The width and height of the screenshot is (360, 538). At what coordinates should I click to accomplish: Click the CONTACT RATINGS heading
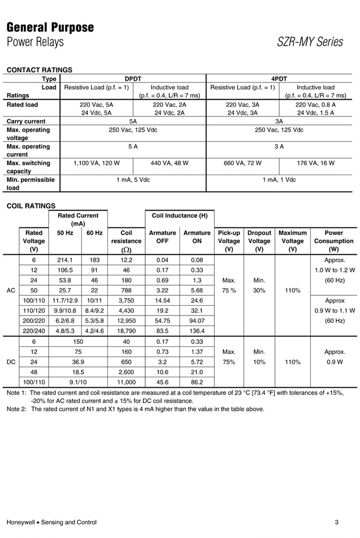click(x=39, y=70)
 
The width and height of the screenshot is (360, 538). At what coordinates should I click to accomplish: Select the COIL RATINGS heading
click(x=31, y=206)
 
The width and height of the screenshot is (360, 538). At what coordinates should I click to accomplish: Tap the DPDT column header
click(x=132, y=78)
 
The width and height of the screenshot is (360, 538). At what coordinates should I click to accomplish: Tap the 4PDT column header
click(x=278, y=78)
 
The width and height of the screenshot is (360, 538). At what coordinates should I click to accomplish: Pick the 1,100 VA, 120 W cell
click(x=96, y=163)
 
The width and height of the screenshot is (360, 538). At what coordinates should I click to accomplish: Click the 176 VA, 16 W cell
click(x=316, y=163)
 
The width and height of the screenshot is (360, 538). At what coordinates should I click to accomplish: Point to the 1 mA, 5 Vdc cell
click(x=132, y=180)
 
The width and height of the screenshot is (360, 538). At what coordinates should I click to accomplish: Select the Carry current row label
click(x=26, y=121)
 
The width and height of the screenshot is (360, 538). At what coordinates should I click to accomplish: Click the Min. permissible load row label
click(x=30, y=184)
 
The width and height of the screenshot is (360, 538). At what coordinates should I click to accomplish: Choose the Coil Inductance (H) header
click(x=179, y=216)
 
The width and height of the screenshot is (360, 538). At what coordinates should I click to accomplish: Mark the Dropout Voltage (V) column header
click(x=259, y=241)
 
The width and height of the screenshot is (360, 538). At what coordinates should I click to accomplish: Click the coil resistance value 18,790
click(x=127, y=331)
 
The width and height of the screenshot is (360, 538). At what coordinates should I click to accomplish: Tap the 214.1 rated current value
click(x=64, y=260)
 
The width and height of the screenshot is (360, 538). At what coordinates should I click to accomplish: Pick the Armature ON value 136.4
click(x=196, y=331)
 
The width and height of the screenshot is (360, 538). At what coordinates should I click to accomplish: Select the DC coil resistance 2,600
click(x=127, y=372)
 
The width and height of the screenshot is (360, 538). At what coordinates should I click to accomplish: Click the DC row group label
click(x=11, y=362)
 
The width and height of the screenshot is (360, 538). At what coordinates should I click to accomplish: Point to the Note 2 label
click(x=16, y=409)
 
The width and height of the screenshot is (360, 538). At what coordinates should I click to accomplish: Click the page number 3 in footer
click(x=336, y=523)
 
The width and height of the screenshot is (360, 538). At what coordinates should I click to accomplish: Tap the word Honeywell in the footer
click(x=21, y=523)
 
